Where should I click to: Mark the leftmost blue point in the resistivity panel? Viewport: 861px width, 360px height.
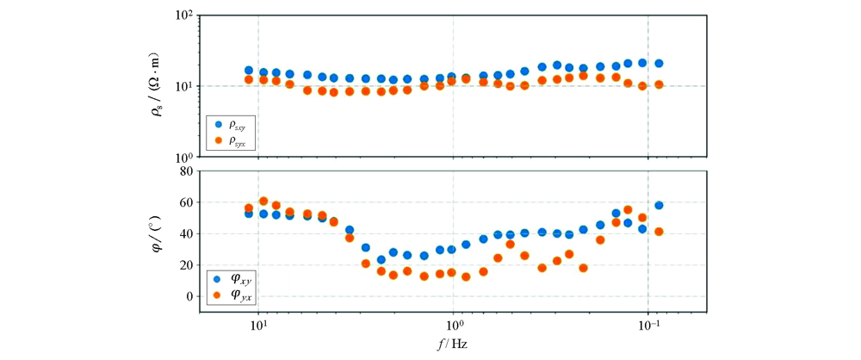[x=249, y=71]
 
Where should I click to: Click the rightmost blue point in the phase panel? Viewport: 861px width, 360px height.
[x=659, y=205]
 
